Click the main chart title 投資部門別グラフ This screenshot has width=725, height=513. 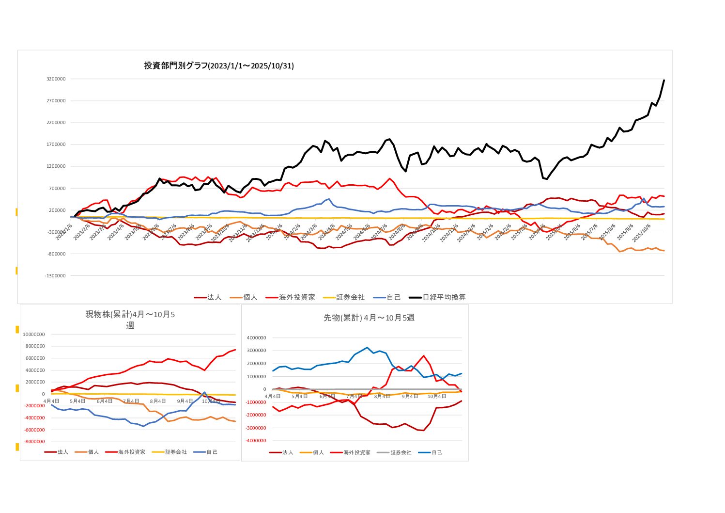tap(219, 65)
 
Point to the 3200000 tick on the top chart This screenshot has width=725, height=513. tap(56, 79)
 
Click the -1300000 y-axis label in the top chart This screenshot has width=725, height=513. tap(55, 276)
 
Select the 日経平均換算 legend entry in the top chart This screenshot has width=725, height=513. tap(444, 297)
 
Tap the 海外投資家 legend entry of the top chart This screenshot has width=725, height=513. tap(296, 297)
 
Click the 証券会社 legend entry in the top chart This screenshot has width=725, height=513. tap(350, 297)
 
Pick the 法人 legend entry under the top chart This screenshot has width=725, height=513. tap(214, 297)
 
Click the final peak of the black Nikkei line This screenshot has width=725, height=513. tap(663, 80)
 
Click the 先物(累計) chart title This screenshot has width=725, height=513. tap(369, 318)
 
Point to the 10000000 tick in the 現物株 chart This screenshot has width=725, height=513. tap(34, 335)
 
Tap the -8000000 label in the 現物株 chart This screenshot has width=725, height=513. tap(34, 442)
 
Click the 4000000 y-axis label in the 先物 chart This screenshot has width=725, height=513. tap(256, 338)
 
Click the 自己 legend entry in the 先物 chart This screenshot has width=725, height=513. tap(436, 452)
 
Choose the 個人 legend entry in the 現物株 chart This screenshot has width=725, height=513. tap(93, 452)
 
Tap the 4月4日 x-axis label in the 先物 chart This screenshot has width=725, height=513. tap(273, 397)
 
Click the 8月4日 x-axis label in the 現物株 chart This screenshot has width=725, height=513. tap(158, 401)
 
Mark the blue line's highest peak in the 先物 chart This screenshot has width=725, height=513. tap(367, 348)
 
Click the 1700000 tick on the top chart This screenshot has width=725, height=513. tap(56, 144)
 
